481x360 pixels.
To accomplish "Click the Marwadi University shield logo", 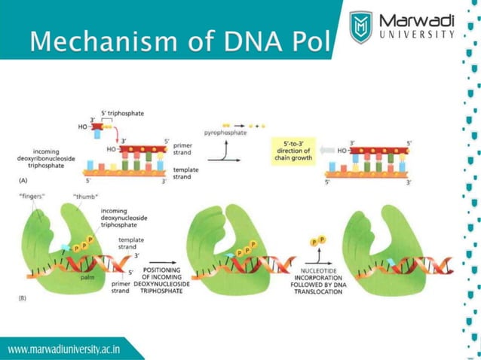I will coord(363,27).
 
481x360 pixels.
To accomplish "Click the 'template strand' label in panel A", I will coord(186,173).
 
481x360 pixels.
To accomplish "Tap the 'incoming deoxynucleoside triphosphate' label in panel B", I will coord(124,218).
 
